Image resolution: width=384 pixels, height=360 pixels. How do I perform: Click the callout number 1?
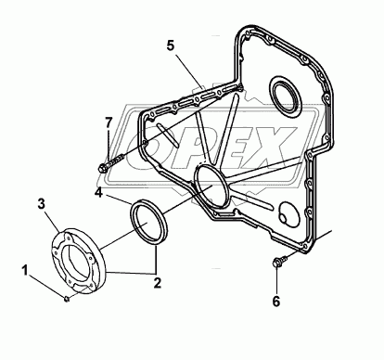point(25,270)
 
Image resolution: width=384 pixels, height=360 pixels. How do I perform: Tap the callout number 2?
point(158,283)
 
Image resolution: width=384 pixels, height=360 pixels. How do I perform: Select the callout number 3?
point(42,204)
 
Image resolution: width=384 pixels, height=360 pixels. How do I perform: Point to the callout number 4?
point(98,193)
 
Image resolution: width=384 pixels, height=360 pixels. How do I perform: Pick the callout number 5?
point(171,45)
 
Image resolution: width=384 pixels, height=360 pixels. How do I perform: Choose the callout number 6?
point(275,301)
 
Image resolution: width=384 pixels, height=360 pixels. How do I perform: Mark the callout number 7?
point(108,122)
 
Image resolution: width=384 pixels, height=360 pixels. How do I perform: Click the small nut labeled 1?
point(67,299)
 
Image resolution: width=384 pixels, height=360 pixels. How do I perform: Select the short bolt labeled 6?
point(279,260)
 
